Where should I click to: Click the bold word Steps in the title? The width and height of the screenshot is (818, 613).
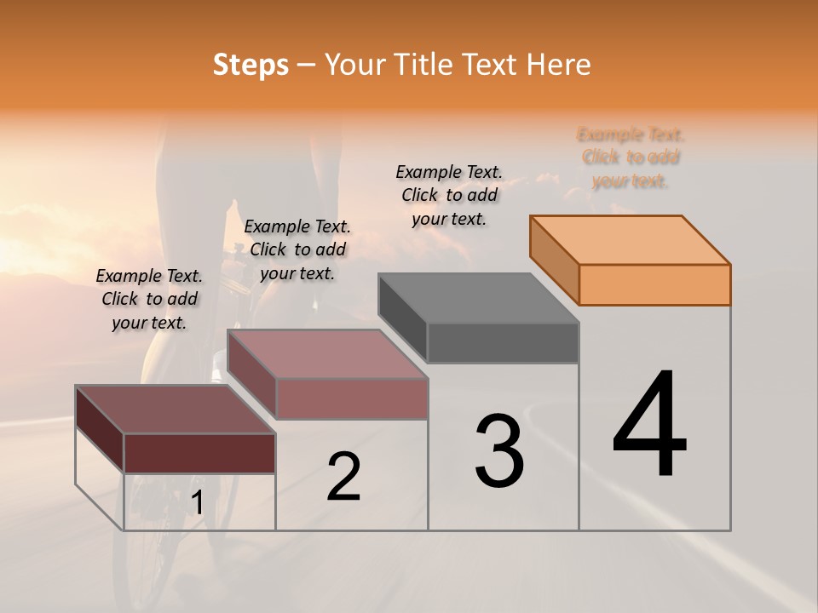click(x=251, y=65)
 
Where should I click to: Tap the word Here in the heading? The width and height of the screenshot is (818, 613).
click(x=559, y=65)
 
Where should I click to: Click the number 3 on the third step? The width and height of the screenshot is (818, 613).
click(x=499, y=450)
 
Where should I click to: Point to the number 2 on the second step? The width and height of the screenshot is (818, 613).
click(x=343, y=476)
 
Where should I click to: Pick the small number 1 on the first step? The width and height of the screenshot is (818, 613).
click(x=197, y=503)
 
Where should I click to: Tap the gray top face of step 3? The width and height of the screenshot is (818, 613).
click(x=479, y=298)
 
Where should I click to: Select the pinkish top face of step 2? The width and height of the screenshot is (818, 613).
click(x=327, y=354)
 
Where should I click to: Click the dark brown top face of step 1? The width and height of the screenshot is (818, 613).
click(x=176, y=410)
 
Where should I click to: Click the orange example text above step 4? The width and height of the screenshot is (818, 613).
click(x=631, y=158)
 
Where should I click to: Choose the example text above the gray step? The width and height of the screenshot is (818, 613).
click(x=449, y=195)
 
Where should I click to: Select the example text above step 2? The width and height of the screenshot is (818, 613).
click(x=297, y=249)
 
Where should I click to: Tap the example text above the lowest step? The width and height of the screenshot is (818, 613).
click(x=149, y=299)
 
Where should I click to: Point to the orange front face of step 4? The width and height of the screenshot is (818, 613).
click(x=654, y=284)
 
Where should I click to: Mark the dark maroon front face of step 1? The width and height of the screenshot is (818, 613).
click(x=199, y=453)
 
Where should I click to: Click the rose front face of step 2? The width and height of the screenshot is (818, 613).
click(x=351, y=398)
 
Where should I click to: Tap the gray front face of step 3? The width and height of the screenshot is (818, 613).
click(x=503, y=342)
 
